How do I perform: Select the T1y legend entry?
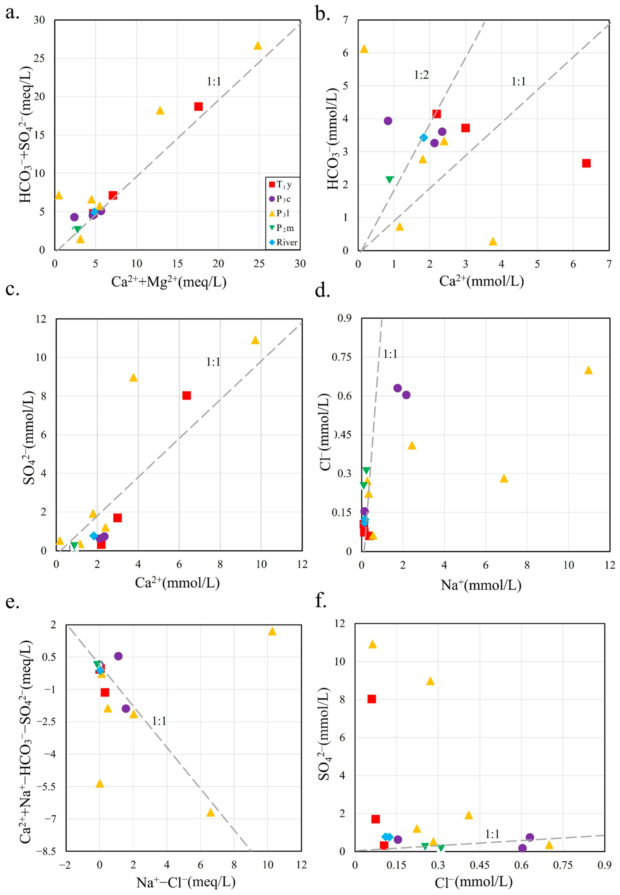click(280, 185)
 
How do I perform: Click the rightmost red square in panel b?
click(586, 163)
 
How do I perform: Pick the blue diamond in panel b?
click(424, 137)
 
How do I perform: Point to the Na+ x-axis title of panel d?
click(481, 585)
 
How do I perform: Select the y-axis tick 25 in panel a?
click(39, 58)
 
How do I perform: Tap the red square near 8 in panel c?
click(187, 395)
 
